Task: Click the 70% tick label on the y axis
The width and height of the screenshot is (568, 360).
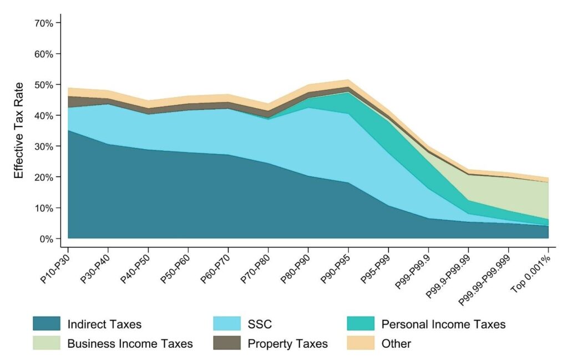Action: click(x=43, y=23)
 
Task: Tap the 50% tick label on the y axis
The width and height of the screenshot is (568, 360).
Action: click(x=43, y=85)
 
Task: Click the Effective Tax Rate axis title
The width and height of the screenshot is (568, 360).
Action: click(x=19, y=130)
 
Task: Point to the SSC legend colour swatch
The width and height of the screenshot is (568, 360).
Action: click(x=227, y=323)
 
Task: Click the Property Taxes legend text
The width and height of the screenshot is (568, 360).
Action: click(x=287, y=343)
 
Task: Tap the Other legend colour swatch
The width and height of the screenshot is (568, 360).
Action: click(x=361, y=343)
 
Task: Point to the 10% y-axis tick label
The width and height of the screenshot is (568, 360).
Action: click(x=43, y=208)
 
